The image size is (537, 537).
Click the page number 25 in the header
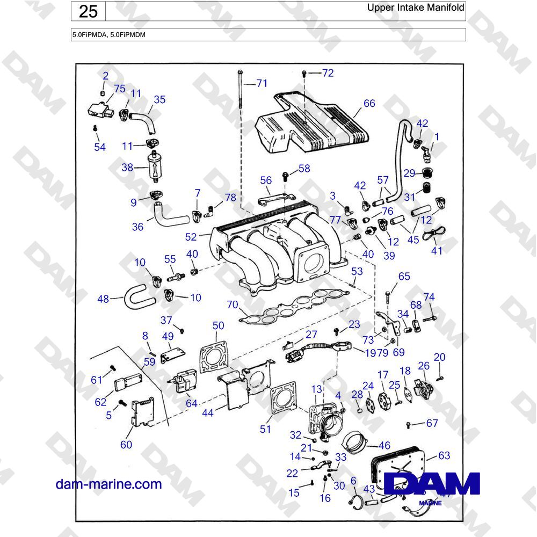tap(88, 11)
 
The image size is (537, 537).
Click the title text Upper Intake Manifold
tap(416, 8)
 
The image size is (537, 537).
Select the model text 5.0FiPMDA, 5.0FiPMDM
tap(109, 34)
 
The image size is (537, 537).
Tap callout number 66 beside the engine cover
tap(369, 104)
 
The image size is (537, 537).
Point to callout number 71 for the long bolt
tap(261, 83)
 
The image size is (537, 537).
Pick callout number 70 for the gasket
tap(232, 305)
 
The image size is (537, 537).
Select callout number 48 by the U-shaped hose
tap(104, 299)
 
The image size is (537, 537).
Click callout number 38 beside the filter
tap(127, 168)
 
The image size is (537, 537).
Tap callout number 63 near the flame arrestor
tap(444, 456)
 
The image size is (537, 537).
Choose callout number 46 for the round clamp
tap(384, 445)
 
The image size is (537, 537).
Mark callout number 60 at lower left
tap(126, 444)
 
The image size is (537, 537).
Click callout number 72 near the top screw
tap(328, 73)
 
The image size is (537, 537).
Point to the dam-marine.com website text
tap(108, 484)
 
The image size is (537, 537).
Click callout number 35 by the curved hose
tap(159, 100)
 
